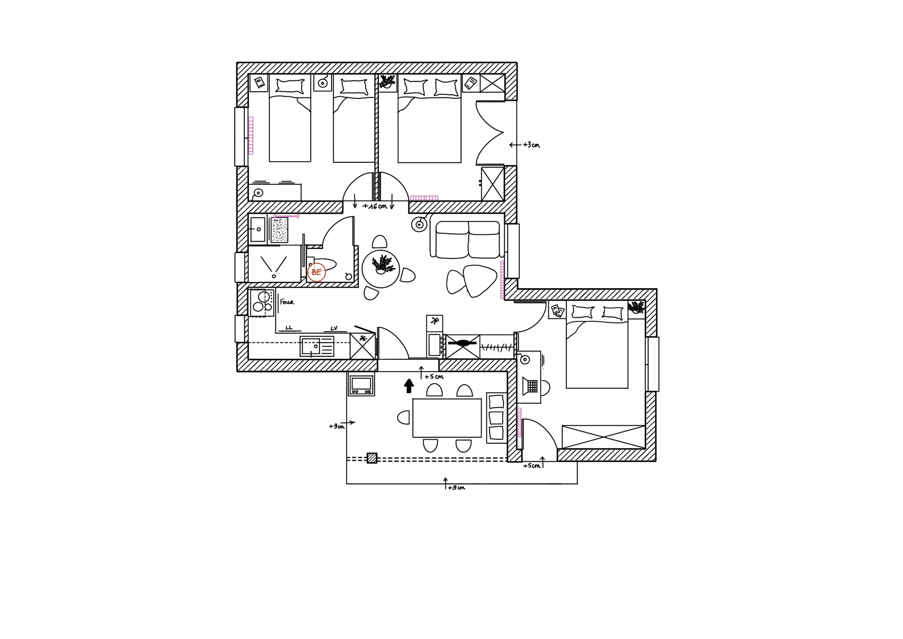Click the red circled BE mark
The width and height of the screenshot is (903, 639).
pos(316,273)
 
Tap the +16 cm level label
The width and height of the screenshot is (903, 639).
pos(375,206)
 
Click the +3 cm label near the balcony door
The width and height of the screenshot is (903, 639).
pos(531,145)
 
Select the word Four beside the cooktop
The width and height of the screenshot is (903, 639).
pos(287,302)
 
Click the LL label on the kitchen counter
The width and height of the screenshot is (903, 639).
pos(289,328)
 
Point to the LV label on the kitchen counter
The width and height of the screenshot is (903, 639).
pos(334,328)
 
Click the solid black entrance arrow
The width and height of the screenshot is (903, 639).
pos(409,386)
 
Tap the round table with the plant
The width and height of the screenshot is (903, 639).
pos(381,269)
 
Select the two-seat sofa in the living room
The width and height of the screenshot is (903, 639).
pos(467,239)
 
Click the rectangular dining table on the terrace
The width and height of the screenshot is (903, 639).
pos(446,418)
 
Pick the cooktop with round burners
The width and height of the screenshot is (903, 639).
pos(262,303)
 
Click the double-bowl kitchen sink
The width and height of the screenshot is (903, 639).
pos(317,346)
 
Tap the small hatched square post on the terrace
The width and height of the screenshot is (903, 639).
pos(372,458)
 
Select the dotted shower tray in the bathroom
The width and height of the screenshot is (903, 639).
pos(279,230)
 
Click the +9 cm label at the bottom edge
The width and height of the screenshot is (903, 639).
pos(456,487)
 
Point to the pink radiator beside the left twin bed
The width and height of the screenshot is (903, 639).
pos(251,136)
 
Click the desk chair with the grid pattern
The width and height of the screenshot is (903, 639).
pos(532,387)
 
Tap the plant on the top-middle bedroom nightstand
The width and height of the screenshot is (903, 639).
pos(387,81)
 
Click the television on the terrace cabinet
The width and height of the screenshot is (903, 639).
pos(361,385)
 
